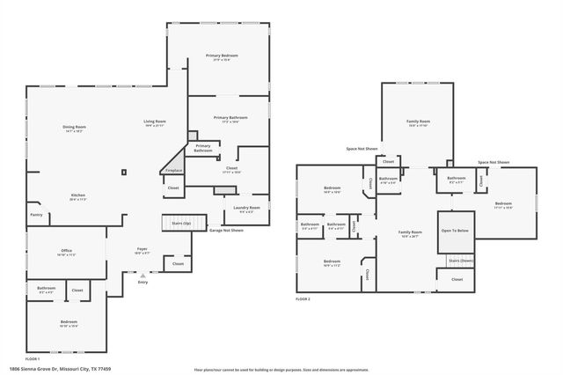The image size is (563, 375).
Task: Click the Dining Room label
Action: tap(74, 127)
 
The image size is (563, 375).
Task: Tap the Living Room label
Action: tap(155, 121)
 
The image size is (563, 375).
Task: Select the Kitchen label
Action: tap(78, 195)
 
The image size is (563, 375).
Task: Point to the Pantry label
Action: tap(36, 215)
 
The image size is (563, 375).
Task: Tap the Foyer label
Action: tap(142, 249)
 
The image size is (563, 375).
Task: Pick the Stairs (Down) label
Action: tap(460, 261)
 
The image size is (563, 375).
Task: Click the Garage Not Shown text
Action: tap(225, 230)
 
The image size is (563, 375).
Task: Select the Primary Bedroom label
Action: tap(223, 55)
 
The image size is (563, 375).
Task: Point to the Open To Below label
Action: tap(457, 231)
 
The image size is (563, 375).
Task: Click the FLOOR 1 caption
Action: tap(33, 359)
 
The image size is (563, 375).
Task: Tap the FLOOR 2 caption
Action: tap(303, 299)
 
